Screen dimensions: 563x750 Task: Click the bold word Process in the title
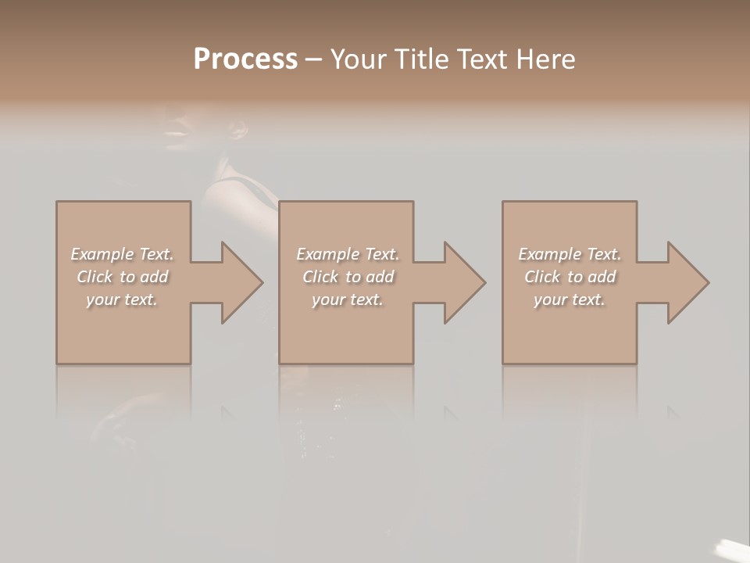(x=245, y=59)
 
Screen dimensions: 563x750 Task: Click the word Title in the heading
(x=420, y=59)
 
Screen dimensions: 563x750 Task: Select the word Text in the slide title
(x=480, y=59)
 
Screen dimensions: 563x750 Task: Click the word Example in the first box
(x=102, y=254)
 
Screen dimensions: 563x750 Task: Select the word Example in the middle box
(x=327, y=254)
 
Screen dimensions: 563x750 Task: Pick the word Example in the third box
(x=549, y=254)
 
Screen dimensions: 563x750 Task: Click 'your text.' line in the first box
(x=122, y=299)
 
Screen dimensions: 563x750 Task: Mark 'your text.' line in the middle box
(x=348, y=299)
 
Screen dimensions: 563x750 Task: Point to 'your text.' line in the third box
(x=570, y=299)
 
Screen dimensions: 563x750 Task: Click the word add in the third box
(x=602, y=277)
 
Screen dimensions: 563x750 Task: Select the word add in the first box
(x=154, y=277)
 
